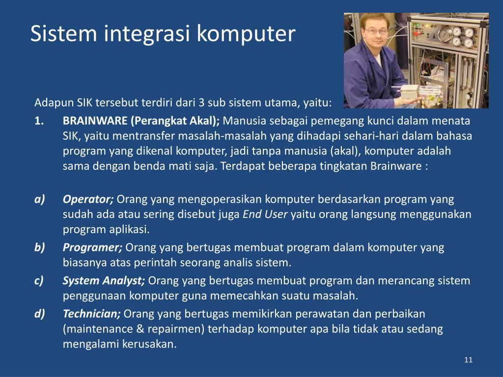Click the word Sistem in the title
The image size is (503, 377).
click(63, 33)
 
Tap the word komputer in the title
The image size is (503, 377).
click(246, 34)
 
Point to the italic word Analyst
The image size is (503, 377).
click(124, 281)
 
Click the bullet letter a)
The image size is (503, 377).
click(39, 199)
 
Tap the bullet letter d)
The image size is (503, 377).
click(39, 314)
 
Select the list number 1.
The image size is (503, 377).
click(39, 121)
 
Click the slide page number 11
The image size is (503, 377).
click(468, 360)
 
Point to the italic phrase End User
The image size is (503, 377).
click(265, 214)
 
